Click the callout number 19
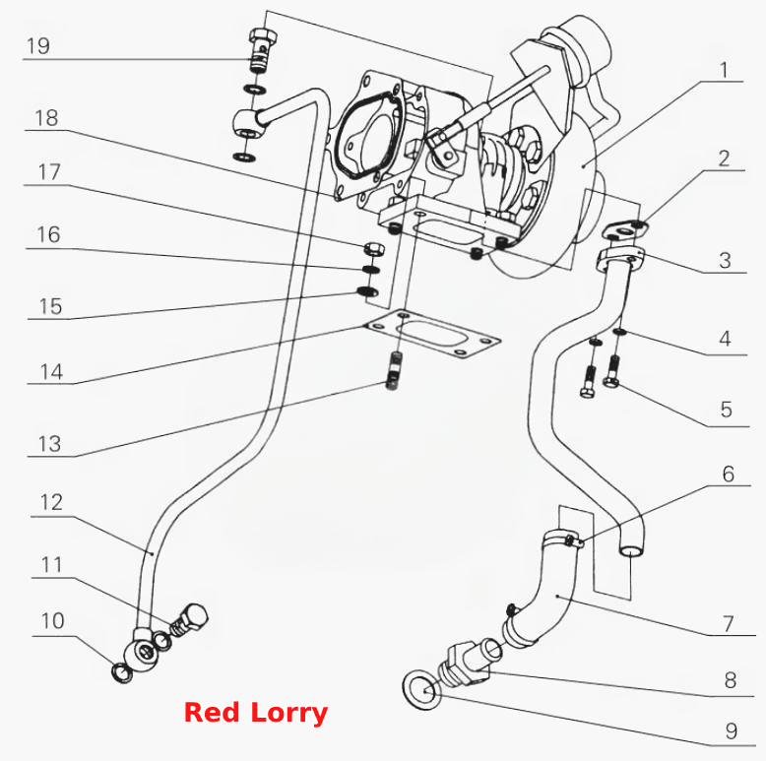38,46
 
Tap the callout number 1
725,70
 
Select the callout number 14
51,372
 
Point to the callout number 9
731,730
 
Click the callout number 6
728,474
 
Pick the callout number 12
51,502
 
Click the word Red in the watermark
212,712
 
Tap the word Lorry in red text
288,713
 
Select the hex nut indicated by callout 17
374,249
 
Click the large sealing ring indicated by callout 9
422,690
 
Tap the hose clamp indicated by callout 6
563,539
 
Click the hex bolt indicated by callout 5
612,371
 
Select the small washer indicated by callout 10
122,672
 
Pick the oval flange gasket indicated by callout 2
625,229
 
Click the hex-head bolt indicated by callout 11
190,620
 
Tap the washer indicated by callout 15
367,291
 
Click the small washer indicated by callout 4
619,332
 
